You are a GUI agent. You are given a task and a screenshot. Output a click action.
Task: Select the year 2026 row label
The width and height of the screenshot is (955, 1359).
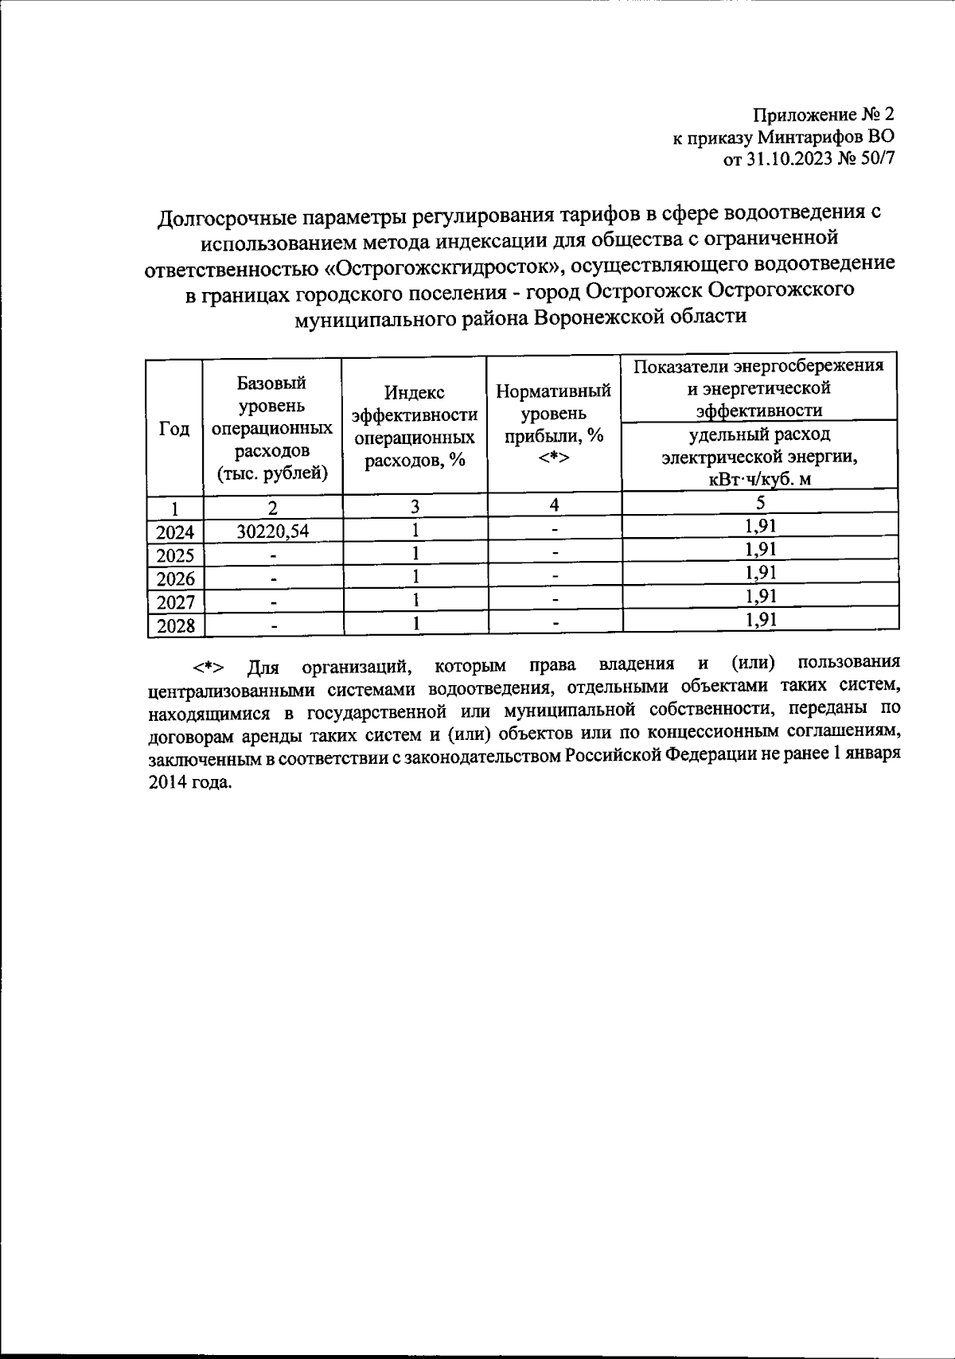176,578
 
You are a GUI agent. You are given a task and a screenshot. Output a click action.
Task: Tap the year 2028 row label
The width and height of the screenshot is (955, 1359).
176,625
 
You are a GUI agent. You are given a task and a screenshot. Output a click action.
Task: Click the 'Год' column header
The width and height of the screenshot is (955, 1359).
174,429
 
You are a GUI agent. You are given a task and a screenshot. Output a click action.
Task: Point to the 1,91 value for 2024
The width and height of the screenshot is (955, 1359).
760,525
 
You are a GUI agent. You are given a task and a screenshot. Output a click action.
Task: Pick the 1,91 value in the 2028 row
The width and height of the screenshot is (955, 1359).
760,620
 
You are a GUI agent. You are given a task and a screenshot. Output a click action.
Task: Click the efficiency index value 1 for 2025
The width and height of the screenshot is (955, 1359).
415,554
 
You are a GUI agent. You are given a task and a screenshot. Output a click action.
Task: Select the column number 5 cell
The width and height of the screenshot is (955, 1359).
760,503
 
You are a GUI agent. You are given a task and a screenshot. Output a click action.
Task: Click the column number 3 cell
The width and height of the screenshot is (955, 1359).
415,506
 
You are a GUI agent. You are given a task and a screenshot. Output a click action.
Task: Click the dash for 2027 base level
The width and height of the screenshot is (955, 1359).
274,602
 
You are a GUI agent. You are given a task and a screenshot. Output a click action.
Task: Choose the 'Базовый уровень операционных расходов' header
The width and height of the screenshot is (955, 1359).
273,428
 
